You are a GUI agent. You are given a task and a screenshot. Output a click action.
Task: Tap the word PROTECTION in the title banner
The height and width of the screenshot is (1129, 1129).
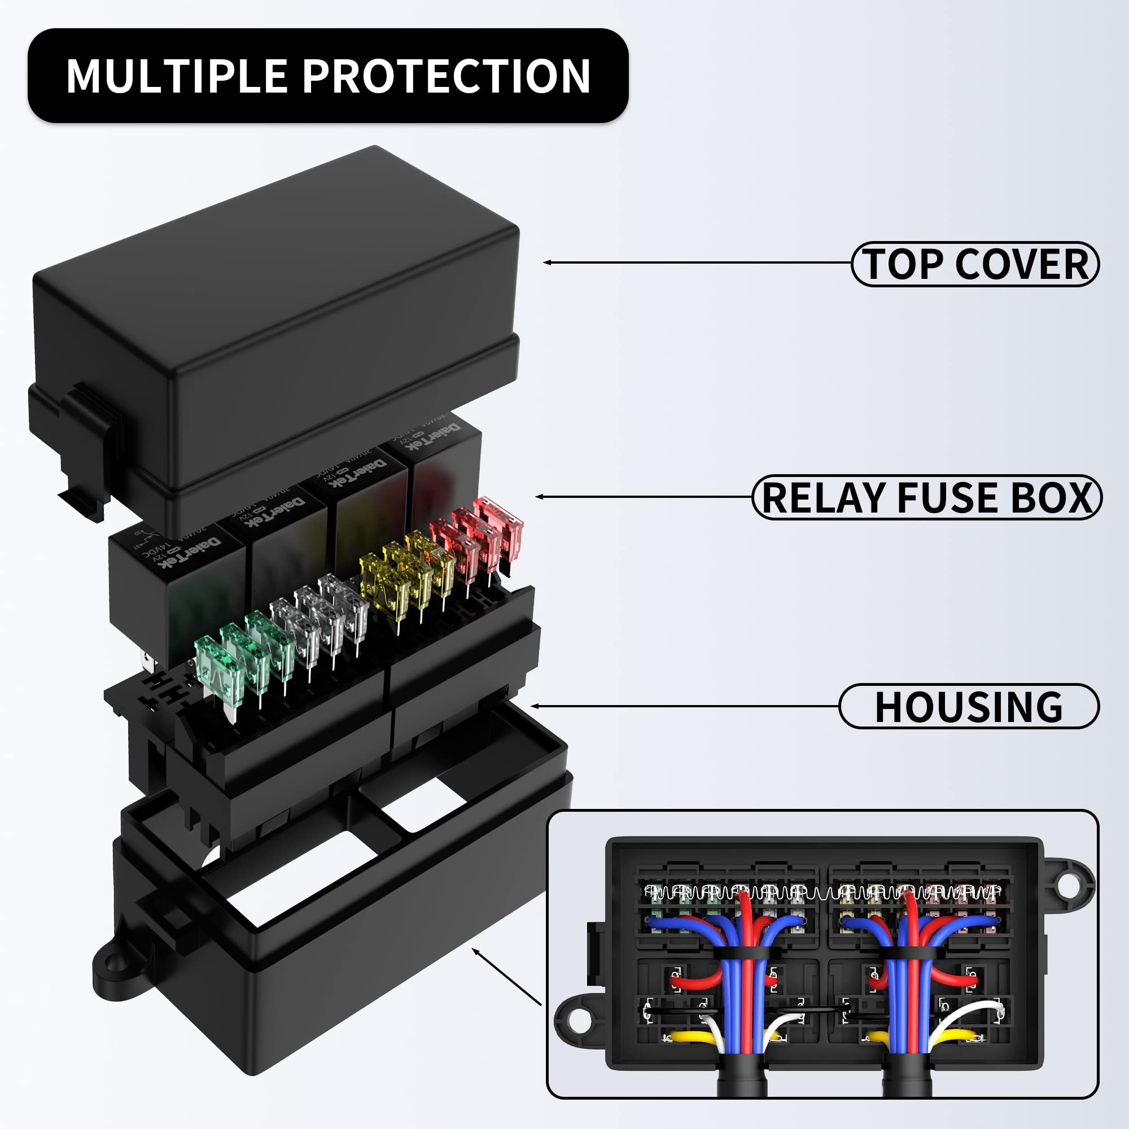point(446,76)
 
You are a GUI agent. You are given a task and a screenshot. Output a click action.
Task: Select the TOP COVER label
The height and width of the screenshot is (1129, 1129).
point(975,264)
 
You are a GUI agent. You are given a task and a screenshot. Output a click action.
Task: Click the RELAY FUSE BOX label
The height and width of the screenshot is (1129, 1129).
point(926,498)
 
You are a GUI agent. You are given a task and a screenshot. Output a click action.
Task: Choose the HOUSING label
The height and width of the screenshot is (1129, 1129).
point(968,707)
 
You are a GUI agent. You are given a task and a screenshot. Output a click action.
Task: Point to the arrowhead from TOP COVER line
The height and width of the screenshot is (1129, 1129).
point(547,262)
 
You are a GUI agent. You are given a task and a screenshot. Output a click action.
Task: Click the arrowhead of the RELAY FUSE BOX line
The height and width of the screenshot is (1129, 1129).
point(539,497)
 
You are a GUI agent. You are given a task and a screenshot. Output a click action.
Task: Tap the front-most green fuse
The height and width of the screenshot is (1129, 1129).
point(217,668)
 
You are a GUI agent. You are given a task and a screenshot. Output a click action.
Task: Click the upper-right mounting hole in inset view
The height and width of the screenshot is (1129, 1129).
point(1067,886)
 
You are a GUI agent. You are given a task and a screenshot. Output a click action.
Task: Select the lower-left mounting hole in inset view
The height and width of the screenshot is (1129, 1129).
point(579,1021)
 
